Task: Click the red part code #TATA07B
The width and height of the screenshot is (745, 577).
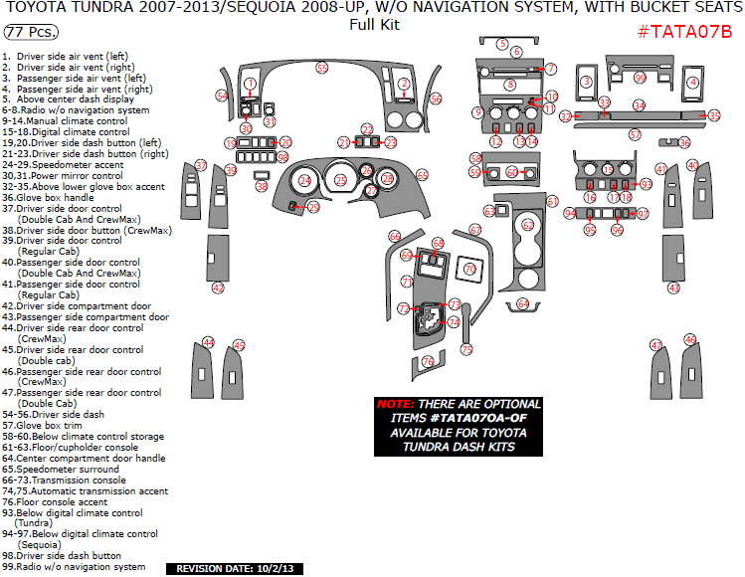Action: [x=683, y=31]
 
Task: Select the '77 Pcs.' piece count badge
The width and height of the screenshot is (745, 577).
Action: [x=30, y=33]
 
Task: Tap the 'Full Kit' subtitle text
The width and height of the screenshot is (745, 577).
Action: [x=374, y=25]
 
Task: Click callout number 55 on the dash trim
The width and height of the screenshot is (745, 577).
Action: [x=321, y=68]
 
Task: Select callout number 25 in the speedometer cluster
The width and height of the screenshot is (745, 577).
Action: [x=340, y=180]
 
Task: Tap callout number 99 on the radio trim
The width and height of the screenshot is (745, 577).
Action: [x=640, y=78]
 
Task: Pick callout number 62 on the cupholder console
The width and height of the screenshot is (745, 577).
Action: [x=528, y=225]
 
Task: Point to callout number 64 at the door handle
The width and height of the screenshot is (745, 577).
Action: [x=523, y=303]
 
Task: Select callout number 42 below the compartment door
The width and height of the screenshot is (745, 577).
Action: [x=218, y=288]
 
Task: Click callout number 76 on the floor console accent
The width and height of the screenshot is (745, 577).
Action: [x=428, y=361]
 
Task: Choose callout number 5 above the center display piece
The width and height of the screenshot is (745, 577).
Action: [x=503, y=46]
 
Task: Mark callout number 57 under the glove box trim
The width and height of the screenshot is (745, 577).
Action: [x=635, y=133]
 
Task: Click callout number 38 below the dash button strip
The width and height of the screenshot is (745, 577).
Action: [x=262, y=186]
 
